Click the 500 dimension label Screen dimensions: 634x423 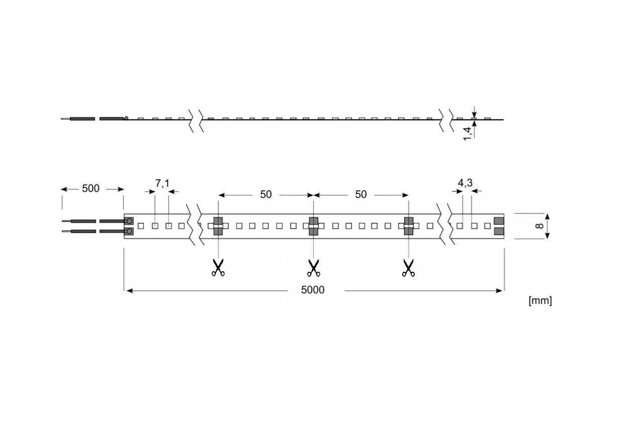[90, 188]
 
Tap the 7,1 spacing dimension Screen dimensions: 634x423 [162, 183]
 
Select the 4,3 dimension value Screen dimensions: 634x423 [465, 183]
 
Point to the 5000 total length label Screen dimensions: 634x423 [313, 290]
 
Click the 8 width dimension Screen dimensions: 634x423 [539, 226]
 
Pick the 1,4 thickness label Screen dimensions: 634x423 [468, 133]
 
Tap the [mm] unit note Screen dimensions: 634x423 [540, 301]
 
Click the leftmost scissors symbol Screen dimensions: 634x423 [218, 268]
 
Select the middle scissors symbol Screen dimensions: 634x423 [313, 268]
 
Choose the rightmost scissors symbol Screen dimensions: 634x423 [408, 268]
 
